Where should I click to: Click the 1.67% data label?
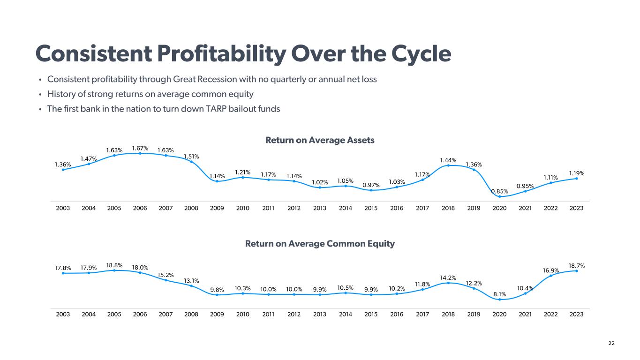[x=140, y=148]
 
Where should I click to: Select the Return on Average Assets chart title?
[x=320, y=140]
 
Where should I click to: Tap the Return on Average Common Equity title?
[x=320, y=244]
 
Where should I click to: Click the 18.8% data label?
[x=114, y=265]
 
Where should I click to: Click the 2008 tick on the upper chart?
[x=191, y=208]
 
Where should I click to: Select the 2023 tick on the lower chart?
[x=576, y=314]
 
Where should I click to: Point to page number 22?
[x=611, y=344]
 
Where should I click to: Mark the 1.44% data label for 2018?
[x=448, y=160]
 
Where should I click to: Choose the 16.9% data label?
[x=551, y=270]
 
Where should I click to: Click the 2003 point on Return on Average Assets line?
[x=63, y=170]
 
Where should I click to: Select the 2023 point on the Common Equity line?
[x=576, y=271]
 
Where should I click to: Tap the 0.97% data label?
[x=371, y=185]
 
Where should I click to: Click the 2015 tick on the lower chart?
[x=371, y=314]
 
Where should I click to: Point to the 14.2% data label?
[x=448, y=278]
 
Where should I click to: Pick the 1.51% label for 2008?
[x=191, y=157]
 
